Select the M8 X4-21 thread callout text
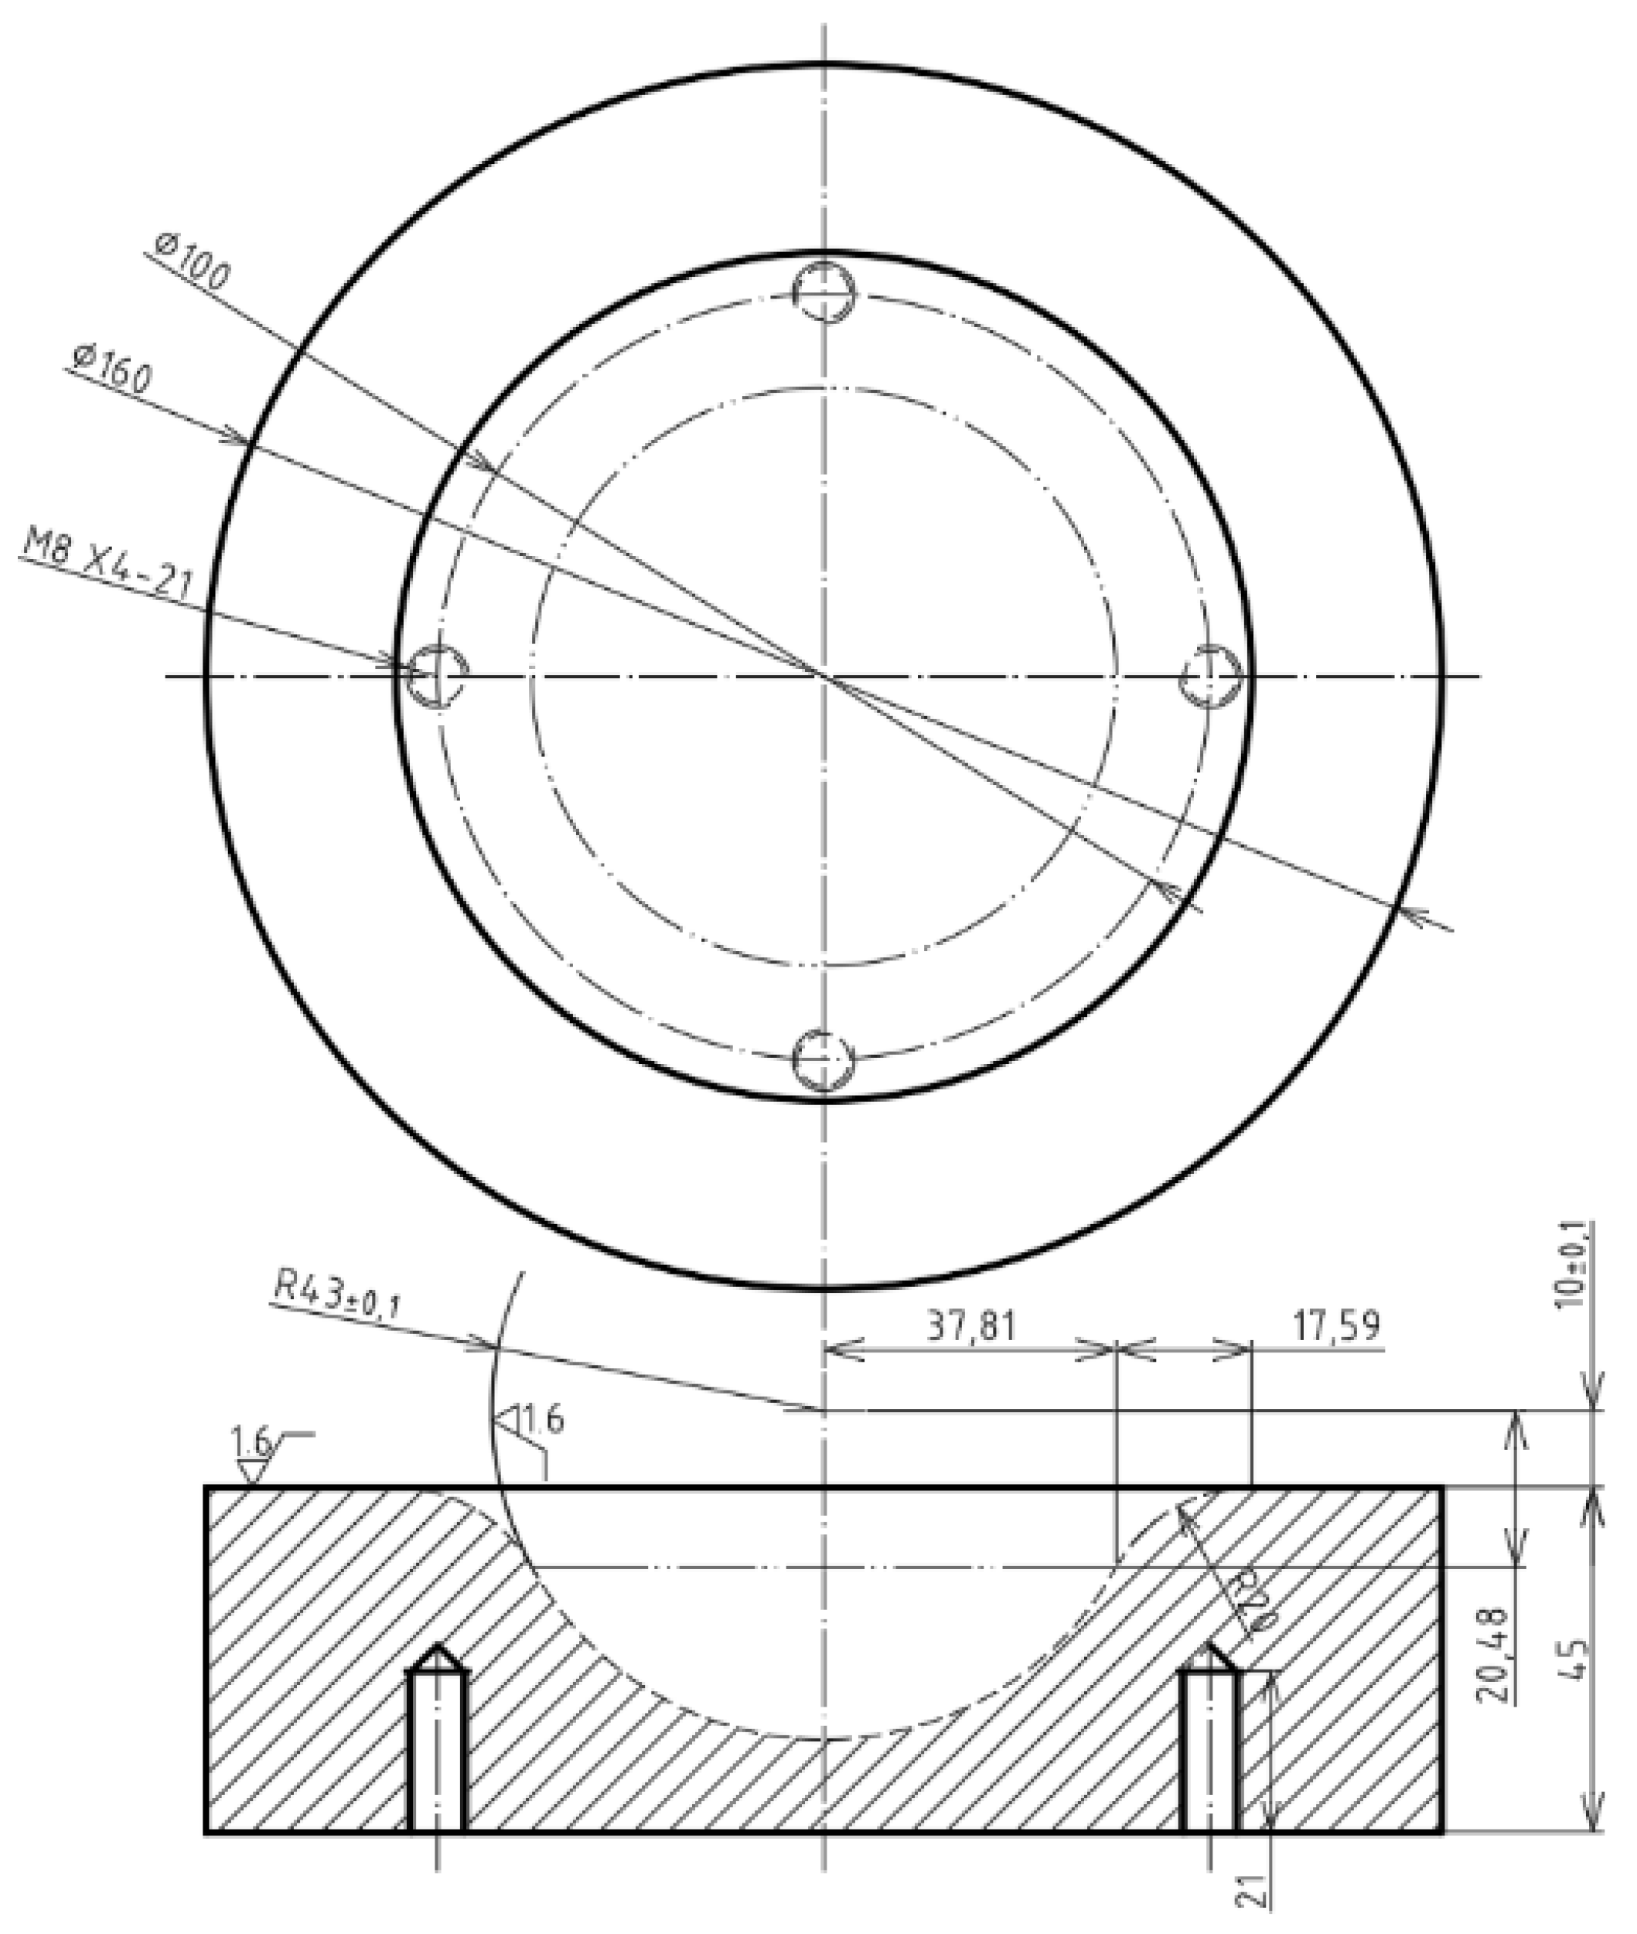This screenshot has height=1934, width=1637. (107, 568)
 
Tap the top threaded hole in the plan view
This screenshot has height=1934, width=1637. (824, 292)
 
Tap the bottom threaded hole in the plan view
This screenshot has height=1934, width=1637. (824, 1060)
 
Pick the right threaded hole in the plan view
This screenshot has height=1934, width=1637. (1210, 676)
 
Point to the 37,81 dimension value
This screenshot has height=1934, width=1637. (970, 1325)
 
